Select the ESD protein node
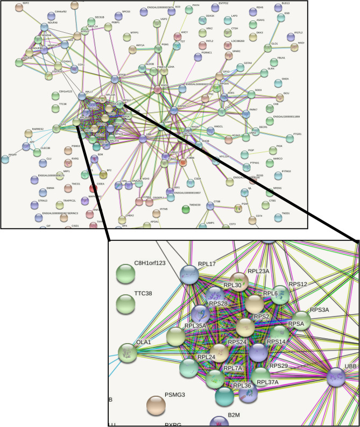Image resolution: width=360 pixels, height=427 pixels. click(x=280, y=18)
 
